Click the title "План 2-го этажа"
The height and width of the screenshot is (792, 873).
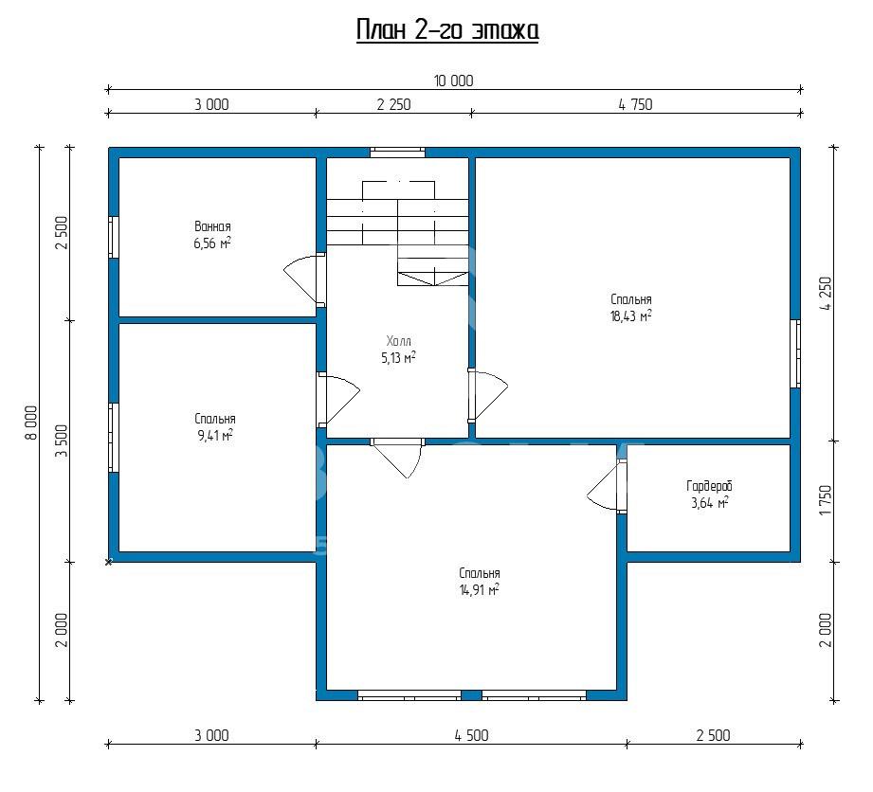tap(447, 30)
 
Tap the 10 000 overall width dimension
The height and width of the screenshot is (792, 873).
tap(454, 81)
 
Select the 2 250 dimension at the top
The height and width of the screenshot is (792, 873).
tap(393, 104)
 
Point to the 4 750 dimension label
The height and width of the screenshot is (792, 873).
tap(635, 104)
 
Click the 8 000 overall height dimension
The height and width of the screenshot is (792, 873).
tap(31, 423)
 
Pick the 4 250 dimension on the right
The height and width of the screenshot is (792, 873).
tap(826, 294)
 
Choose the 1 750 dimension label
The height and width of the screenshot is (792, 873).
tap(826, 500)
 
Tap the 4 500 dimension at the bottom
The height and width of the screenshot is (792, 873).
tap(472, 736)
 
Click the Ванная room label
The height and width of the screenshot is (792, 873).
tap(212, 226)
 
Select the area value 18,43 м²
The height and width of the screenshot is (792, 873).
tap(630, 316)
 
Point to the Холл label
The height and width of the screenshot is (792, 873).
tap(399, 341)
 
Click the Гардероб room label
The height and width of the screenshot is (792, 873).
tap(709, 486)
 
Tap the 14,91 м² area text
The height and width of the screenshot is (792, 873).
tap(479, 590)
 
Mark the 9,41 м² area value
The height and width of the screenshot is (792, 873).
tap(215, 435)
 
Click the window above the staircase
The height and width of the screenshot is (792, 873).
tap(397, 152)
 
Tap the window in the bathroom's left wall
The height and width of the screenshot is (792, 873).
tap(114, 238)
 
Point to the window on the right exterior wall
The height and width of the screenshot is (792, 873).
tap(795, 353)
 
